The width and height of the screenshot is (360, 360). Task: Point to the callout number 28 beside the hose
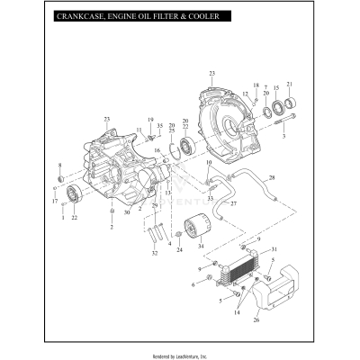tap(273, 177)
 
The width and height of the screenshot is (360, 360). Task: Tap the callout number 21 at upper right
tap(289, 84)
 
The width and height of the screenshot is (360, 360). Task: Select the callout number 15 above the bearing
tap(276, 90)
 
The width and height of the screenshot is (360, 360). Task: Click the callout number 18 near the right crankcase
tap(256, 84)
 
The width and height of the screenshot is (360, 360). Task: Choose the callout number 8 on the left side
tap(60, 166)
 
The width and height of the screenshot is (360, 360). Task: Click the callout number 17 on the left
tap(53, 202)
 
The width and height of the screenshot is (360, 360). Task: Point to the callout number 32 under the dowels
tap(155, 255)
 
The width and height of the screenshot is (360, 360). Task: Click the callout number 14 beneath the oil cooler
tap(238, 311)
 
